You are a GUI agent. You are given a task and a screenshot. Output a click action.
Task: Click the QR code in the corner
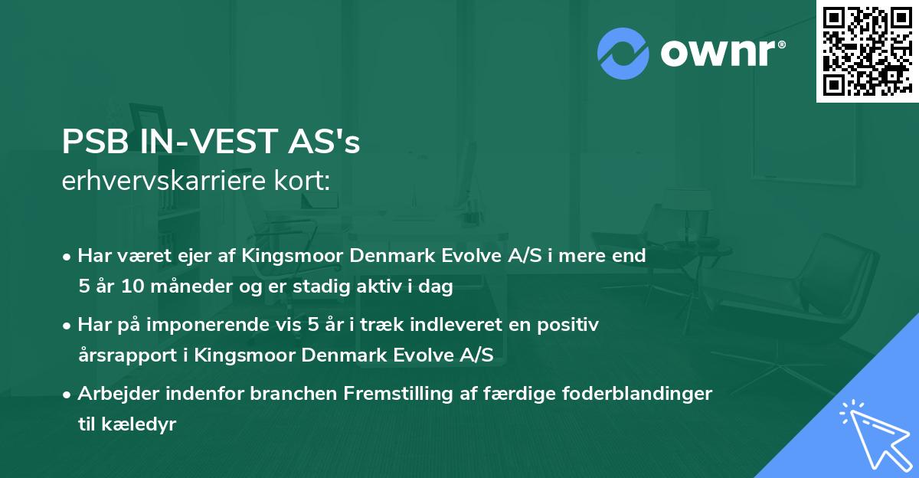867,51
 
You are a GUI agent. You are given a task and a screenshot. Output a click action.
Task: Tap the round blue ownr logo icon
623,54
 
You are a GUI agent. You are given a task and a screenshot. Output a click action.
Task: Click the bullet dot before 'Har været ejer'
68,257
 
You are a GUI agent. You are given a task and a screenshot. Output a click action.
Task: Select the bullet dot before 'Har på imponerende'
68,326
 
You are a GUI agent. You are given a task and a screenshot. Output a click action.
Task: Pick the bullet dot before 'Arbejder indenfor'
68,395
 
